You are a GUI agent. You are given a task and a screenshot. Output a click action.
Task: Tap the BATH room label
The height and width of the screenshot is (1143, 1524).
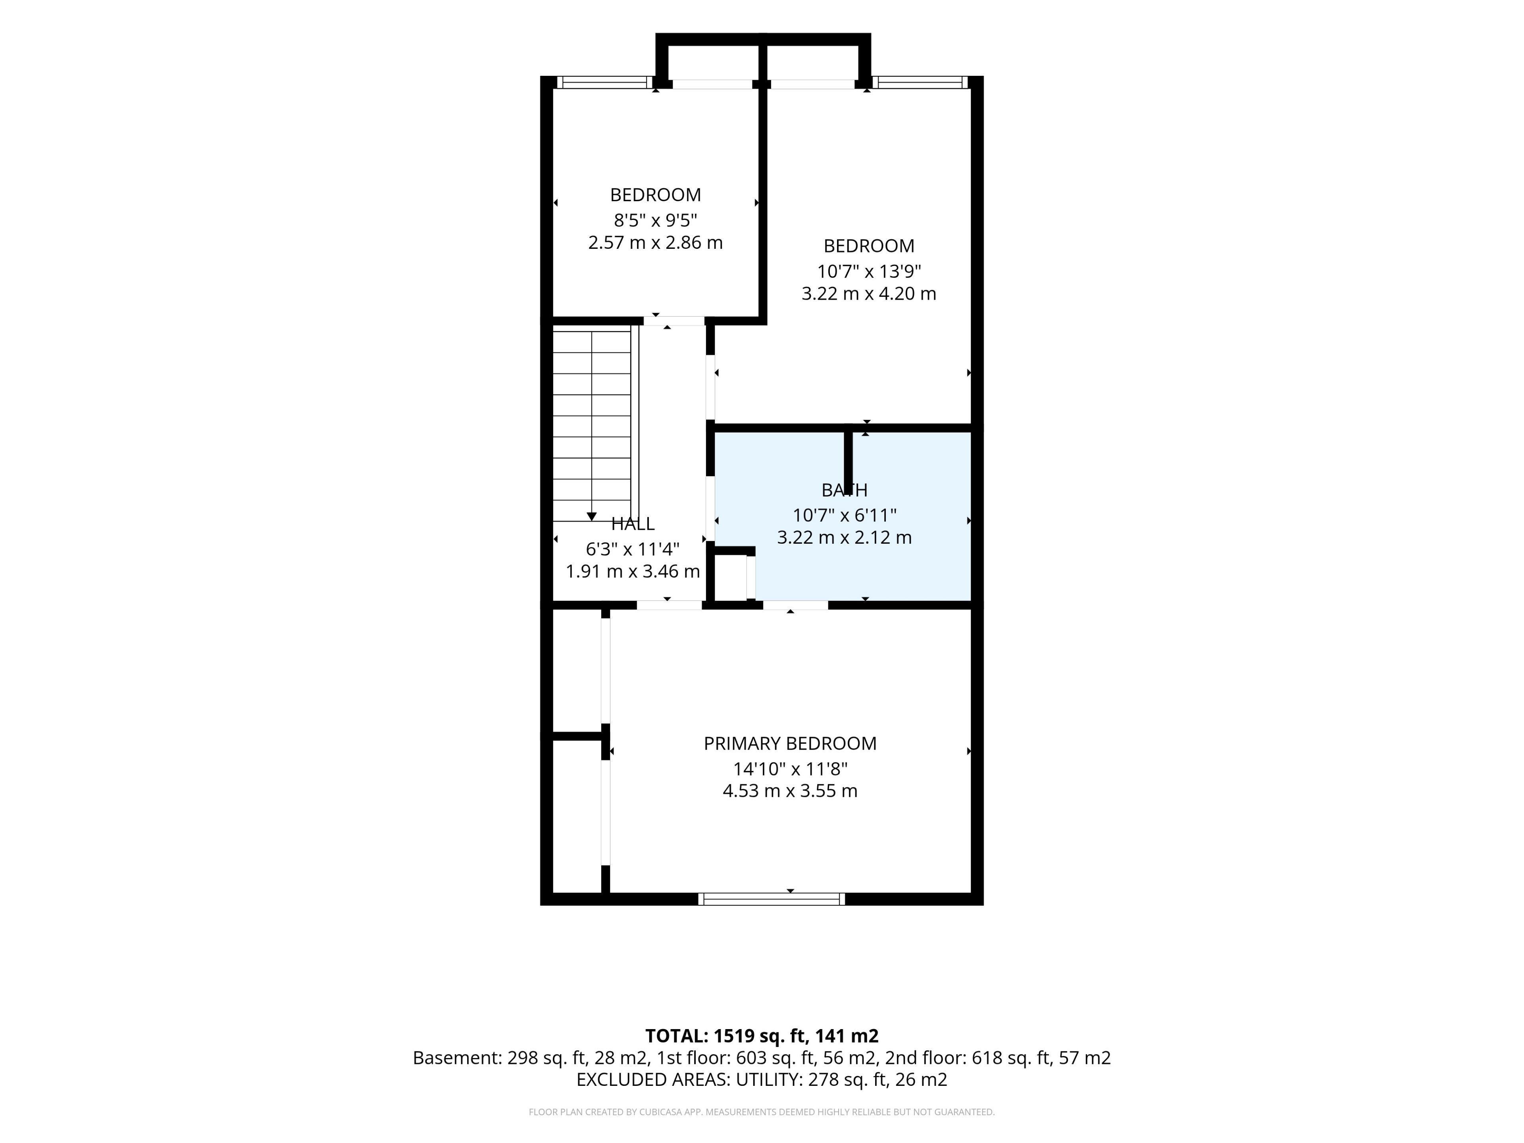(x=844, y=490)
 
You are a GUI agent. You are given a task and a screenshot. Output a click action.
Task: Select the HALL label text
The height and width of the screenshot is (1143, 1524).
(x=633, y=523)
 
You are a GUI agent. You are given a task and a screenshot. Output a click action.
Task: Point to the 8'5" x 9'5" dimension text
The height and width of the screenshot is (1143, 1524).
(x=655, y=221)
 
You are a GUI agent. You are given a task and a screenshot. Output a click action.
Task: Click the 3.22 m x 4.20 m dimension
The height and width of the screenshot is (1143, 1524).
(x=869, y=294)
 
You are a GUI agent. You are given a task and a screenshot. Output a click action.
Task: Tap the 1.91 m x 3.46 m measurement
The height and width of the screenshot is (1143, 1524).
(x=633, y=571)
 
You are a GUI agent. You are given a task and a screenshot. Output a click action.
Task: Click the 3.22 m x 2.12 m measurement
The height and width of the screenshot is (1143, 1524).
(x=844, y=537)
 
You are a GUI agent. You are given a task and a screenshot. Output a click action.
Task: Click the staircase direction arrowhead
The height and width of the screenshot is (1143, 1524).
(x=591, y=517)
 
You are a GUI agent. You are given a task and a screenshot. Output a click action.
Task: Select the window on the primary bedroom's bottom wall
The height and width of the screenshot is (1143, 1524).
(x=771, y=899)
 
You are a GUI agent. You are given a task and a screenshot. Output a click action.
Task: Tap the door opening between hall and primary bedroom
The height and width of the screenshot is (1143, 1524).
(x=669, y=605)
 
